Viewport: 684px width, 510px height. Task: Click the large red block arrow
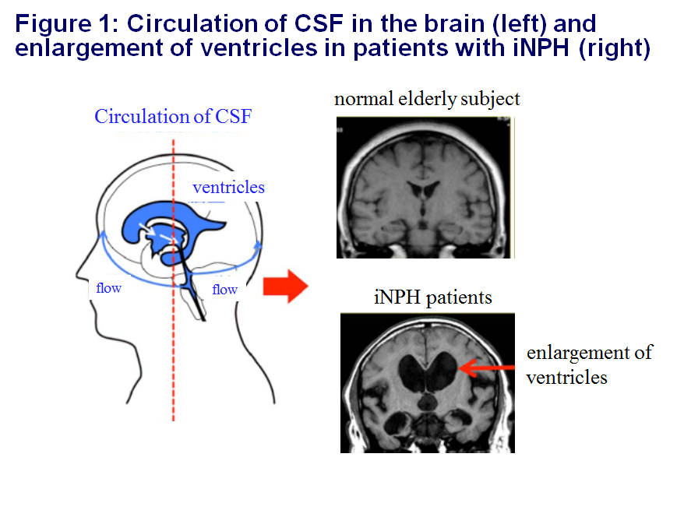pyautogui.click(x=286, y=287)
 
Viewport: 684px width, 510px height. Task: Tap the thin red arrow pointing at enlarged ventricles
pyautogui.click(x=487, y=368)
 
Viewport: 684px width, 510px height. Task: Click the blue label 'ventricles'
pyautogui.click(x=228, y=188)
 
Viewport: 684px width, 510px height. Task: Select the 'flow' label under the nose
pyautogui.click(x=108, y=288)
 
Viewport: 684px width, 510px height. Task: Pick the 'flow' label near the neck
pyautogui.click(x=224, y=290)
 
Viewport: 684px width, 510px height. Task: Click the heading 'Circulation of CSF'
pyautogui.click(x=173, y=116)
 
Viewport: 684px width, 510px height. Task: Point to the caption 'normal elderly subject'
pyautogui.click(x=427, y=100)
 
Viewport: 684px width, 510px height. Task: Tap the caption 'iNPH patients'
pyautogui.click(x=432, y=297)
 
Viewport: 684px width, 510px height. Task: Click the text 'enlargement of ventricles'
pyautogui.click(x=589, y=365)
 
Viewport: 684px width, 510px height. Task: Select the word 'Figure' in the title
pyautogui.click(x=53, y=24)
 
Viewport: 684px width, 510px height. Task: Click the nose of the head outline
pyautogui.click(x=79, y=275)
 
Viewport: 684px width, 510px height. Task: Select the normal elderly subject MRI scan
pyautogui.click(x=425, y=188)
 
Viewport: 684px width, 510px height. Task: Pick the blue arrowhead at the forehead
pyautogui.click(x=104, y=235)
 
